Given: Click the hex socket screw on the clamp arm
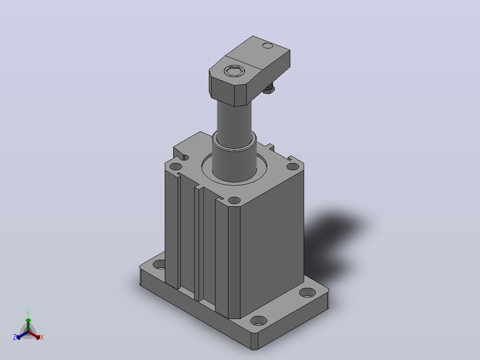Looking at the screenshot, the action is pyautogui.click(x=234, y=71).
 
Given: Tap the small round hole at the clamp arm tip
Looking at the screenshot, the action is pyautogui.click(x=268, y=46).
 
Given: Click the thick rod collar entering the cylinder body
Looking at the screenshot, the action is pyautogui.click(x=234, y=160).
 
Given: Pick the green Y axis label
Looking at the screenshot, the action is pyautogui.click(x=28, y=313).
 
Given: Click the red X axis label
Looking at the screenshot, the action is pyautogui.click(x=42, y=337).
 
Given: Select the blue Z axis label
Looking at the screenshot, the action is pyautogui.click(x=15, y=337).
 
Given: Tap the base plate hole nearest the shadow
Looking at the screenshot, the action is pyautogui.click(x=307, y=292).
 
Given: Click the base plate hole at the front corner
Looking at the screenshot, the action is pyautogui.click(x=259, y=321).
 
